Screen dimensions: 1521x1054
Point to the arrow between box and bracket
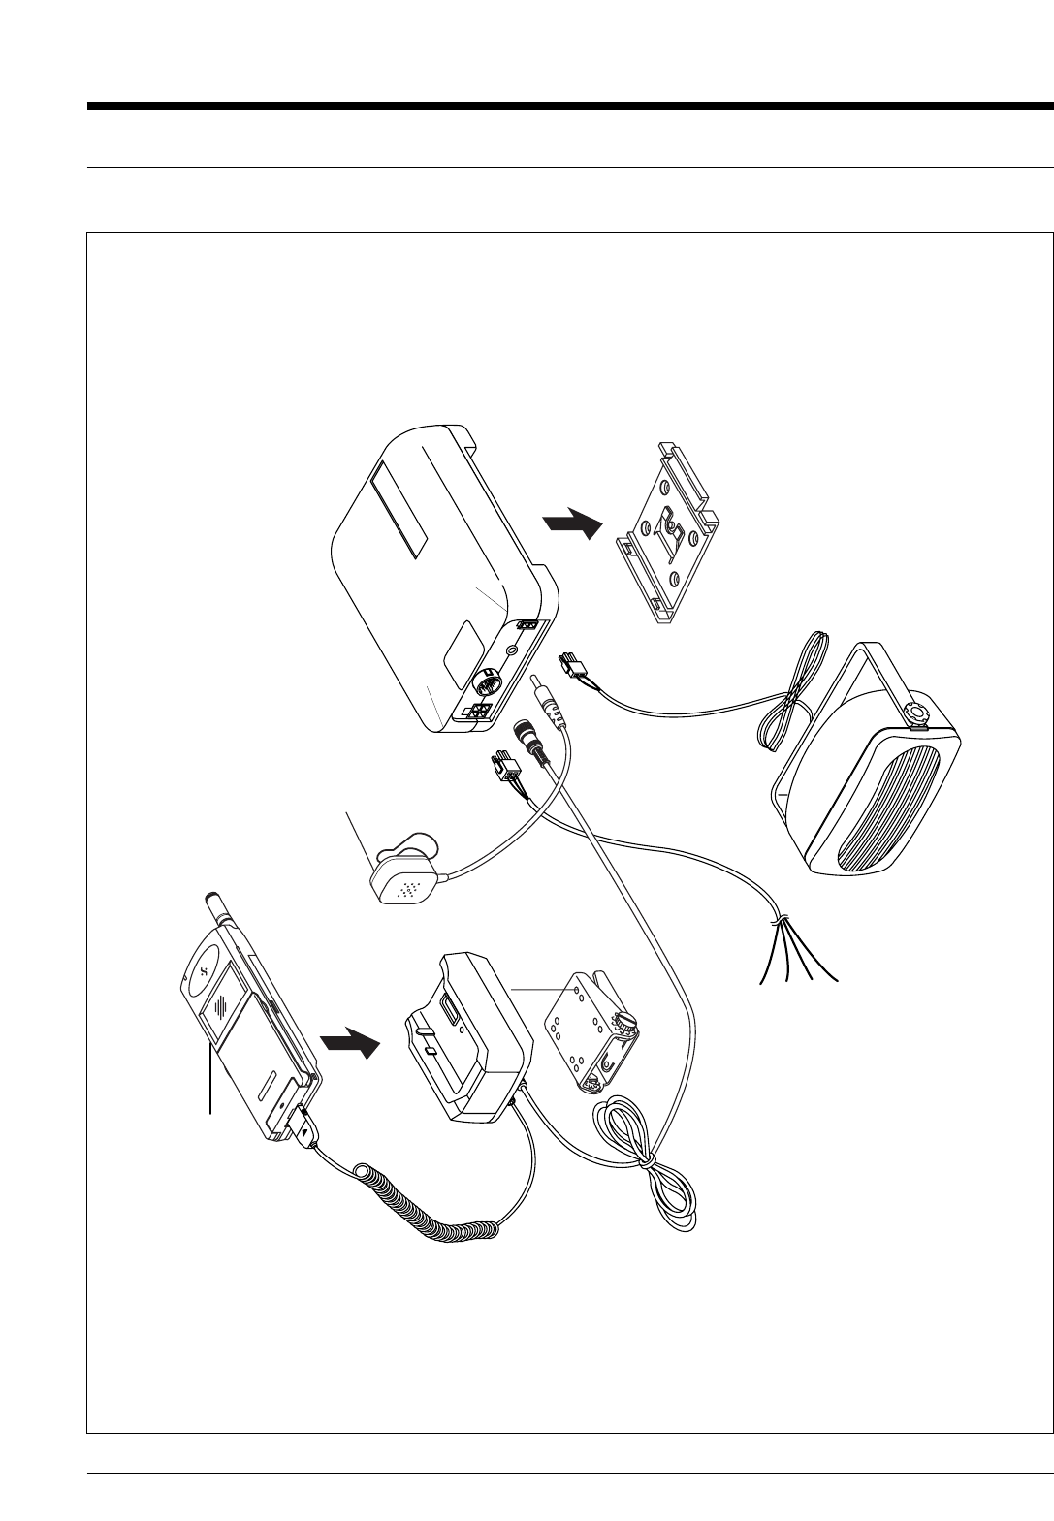click(x=572, y=523)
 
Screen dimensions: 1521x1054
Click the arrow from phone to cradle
click(x=349, y=1045)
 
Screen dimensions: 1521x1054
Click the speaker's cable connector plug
click(x=572, y=669)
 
